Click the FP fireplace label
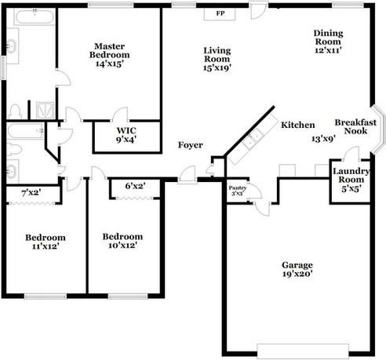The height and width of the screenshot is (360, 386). [x=220, y=13]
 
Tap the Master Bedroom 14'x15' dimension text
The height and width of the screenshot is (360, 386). [x=109, y=64]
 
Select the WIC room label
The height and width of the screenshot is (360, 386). [x=126, y=130]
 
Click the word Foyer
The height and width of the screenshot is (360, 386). [x=190, y=145]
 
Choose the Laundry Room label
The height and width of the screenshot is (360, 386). [x=351, y=176]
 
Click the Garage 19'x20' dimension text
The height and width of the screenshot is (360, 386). [x=297, y=274]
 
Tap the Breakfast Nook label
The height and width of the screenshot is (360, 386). [x=355, y=126]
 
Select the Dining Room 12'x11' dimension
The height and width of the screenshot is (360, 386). [x=328, y=50]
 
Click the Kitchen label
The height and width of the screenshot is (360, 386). [x=297, y=125]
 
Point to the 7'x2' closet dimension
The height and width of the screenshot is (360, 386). [x=31, y=193]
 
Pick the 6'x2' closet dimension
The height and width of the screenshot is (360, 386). [x=135, y=186]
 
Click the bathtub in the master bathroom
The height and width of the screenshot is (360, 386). [x=35, y=16]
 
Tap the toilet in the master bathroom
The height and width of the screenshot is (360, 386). [x=15, y=111]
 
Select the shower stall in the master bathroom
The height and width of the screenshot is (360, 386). [x=46, y=111]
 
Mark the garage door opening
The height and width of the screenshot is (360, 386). [x=303, y=351]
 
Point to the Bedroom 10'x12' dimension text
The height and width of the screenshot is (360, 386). [x=123, y=245]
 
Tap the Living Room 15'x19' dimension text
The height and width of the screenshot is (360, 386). [x=217, y=67]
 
